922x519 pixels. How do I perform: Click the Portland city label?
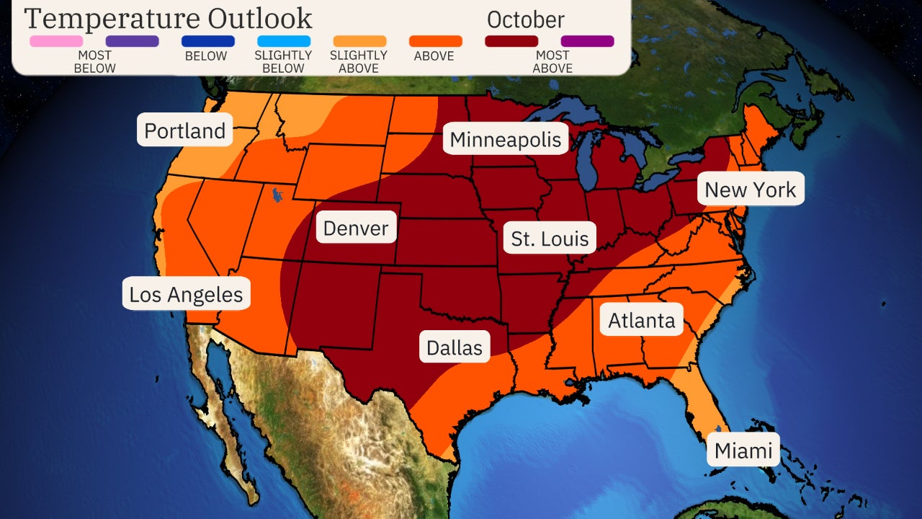pyautogui.click(x=185, y=130)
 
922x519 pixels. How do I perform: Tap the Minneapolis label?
pyautogui.click(x=505, y=139)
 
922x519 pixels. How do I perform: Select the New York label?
pyautogui.click(x=750, y=190)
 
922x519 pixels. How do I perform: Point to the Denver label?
pyautogui.click(x=356, y=229)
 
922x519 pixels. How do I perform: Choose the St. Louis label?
pyautogui.click(x=550, y=239)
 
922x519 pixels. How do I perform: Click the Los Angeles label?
pyautogui.click(x=186, y=294)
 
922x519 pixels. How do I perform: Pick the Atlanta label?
pyautogui.click(x=642, y=320)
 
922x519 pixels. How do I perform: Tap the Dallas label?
pyautogui.click(x=455, y=347)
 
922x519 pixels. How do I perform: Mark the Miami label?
pyautogui.click(x=743, y=451)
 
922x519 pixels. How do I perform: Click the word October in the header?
pyautogui.click(x=526, y=19)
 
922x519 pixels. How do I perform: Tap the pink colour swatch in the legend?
pyautogui.click(x=56, y=41)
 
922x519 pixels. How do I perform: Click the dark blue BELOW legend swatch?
pyautogui.click(x=208, y=41)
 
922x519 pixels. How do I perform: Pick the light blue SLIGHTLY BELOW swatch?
pyautogui.click(x=283, y=41)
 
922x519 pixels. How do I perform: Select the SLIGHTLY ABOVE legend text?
pyautogui.click(x=359, y=61)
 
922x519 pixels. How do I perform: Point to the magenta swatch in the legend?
pyautogui.click(x=587, y=41)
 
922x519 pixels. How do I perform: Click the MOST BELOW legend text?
pyautogui.click(x=94, y=61)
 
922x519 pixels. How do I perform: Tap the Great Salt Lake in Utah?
pyautogui.click(x=277, y=195)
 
